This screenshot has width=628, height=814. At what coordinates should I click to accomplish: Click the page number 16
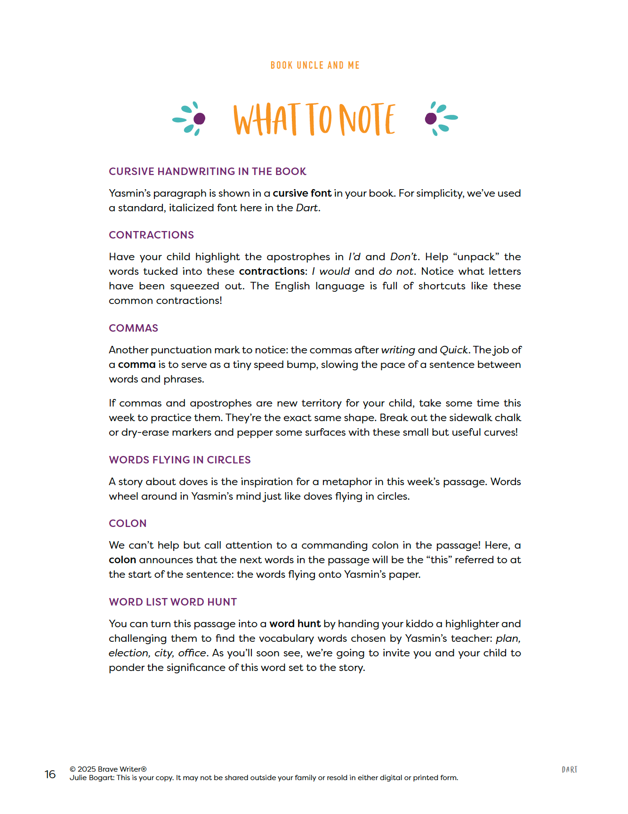(x=50, y=774)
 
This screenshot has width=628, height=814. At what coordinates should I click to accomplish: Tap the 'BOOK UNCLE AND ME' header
(x=315, y=65)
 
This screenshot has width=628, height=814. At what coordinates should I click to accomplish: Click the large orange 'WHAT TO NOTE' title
(x=314, y=120)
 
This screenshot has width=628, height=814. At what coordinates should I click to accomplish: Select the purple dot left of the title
(x=200, y=119)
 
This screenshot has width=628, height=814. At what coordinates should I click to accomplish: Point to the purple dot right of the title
(x=430, y=119)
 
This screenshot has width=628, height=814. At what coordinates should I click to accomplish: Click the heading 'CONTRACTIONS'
(x=151, y=235)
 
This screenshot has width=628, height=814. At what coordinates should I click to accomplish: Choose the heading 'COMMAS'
(x=133, y=328)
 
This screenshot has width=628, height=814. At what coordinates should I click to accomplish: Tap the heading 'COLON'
(x=128, y=523)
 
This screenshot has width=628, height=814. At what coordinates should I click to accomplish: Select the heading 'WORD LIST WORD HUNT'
(x=173, y=602)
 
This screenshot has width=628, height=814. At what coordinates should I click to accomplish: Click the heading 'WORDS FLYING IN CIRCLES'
(x=179, y=460)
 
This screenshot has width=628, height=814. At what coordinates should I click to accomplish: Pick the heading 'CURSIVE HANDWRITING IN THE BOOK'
(x=207, y=171)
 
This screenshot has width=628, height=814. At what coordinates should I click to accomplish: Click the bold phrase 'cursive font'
(x=302, y=193)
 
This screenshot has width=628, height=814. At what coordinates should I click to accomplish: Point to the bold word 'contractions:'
(x=273, y=271)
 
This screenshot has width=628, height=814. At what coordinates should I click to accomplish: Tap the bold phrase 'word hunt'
(x=295, y=624)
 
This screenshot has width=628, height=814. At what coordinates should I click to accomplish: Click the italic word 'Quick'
(x=453, y=350)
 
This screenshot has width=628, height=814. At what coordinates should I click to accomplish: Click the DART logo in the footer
(x=569, y=770)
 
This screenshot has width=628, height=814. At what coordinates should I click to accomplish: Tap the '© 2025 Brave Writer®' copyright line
(x=108, y=769)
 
